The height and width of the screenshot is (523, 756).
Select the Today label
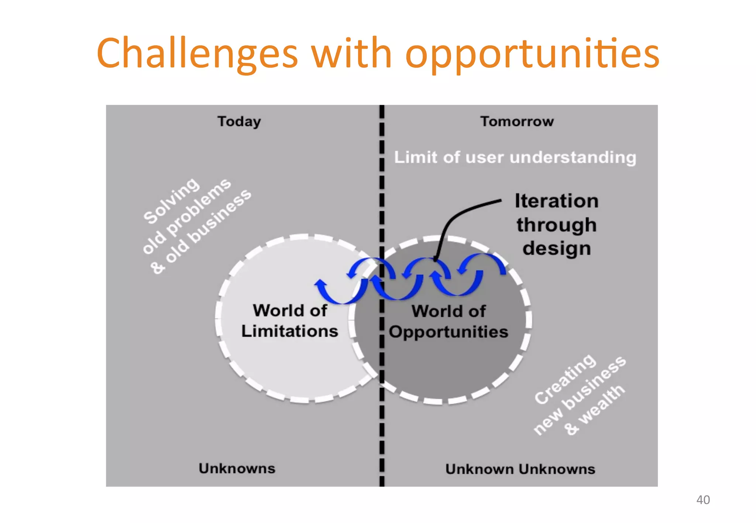click(239, 121)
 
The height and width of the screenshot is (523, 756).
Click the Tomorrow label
click(517, 121)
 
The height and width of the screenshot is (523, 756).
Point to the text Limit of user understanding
click(515, 157)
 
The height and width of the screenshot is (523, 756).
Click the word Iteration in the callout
click(556, 201)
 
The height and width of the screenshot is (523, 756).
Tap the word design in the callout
click(556, 248)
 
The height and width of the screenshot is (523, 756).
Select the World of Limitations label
click(290, 321)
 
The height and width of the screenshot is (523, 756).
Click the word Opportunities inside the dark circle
click(449, 332)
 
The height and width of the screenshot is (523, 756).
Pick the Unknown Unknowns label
click(520, 469)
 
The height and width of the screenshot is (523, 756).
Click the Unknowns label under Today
click(237, 468)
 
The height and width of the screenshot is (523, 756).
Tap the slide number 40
click(702, 500)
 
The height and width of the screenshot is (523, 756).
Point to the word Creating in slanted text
click(565, 379)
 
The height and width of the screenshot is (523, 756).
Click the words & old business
click(201, 232)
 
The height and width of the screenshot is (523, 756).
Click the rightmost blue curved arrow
click(487, 260)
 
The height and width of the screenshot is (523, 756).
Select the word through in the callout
click(556, 225)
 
